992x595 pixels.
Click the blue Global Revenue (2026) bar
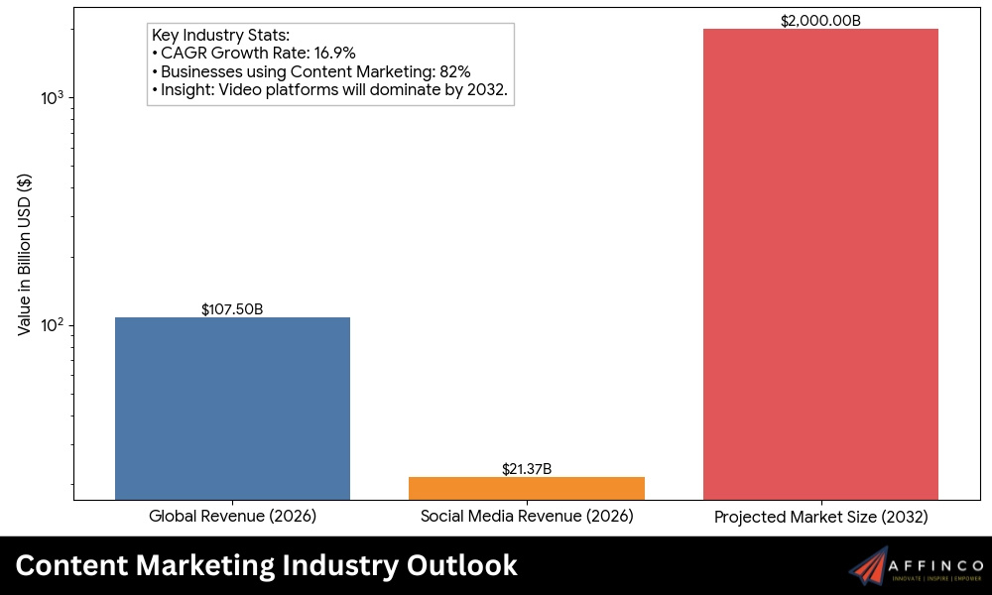click(232, 408)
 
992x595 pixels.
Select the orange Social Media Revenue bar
click(526, 488)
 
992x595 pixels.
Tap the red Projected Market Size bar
click(820, 264)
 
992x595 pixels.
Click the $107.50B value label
click(232, 309)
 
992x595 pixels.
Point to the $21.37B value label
click(526, 469)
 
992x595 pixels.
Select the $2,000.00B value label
click(820, 21)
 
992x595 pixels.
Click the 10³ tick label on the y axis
click(53, 97)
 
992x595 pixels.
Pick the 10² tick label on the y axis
click(53, 325)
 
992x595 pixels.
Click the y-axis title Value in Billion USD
click(25, 255)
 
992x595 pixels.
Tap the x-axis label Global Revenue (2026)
click(232, 517)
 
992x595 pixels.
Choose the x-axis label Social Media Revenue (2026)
click(526, 517)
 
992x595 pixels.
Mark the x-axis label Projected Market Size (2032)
click(820, 518)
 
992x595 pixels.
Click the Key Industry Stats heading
click(220, 36)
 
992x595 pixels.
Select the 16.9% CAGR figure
click(334, 54)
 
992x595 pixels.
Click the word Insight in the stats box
click(186, 90)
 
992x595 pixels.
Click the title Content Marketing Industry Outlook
click(266, 565)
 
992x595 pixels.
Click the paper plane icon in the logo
click(869, 566)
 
